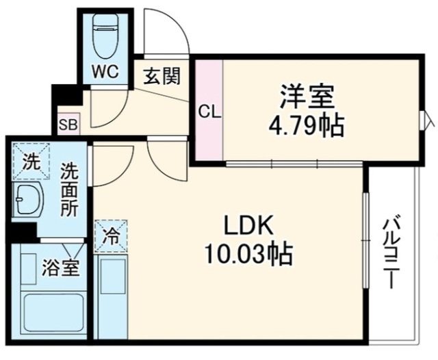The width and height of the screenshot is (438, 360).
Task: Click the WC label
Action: (106, 72)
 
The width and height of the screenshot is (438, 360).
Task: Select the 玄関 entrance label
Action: (162, 75)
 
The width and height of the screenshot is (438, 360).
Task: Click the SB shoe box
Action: (68, 124)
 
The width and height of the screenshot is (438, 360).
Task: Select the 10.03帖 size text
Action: (248, 255)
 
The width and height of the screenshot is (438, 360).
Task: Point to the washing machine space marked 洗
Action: (31, 161)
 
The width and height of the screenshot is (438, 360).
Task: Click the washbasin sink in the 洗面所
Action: (28, 198)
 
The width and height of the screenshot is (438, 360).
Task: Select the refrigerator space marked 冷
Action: (111, 235)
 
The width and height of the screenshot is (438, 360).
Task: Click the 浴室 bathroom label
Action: (62, 268)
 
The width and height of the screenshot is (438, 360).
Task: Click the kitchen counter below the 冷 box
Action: (111, 296)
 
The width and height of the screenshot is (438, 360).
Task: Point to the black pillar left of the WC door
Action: (67, 94)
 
